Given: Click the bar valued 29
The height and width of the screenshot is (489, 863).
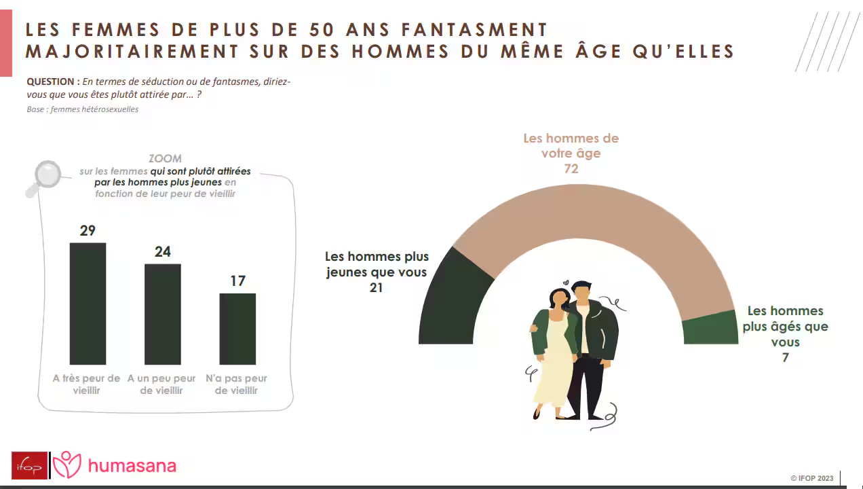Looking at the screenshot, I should (88, 303).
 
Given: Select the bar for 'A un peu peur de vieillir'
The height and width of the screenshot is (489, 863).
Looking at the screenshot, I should (162, 314).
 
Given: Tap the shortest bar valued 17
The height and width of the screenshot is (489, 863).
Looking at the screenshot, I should (237, 329).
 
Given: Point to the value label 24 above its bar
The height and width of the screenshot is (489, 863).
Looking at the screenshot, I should (162, 252).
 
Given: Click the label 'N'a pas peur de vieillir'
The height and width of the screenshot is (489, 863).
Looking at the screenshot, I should (236, 384).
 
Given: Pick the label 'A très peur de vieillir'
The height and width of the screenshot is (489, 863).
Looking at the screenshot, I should (86, 384).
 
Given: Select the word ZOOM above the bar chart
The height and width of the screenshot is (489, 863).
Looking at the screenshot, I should (165, 159).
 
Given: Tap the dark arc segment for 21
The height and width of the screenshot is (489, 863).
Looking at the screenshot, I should (451, 299).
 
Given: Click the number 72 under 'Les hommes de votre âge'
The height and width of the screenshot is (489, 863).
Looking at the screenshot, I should (571, 168).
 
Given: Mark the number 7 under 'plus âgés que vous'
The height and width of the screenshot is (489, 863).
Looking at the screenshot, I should (785, 358).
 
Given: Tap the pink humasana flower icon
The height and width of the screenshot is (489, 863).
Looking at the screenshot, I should (66, 465).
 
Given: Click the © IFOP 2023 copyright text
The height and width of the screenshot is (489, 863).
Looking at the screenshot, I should (811, 478).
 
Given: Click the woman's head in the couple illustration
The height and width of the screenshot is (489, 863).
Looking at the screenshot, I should (558, 297).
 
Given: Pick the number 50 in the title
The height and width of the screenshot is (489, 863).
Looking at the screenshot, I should (321, 29).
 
